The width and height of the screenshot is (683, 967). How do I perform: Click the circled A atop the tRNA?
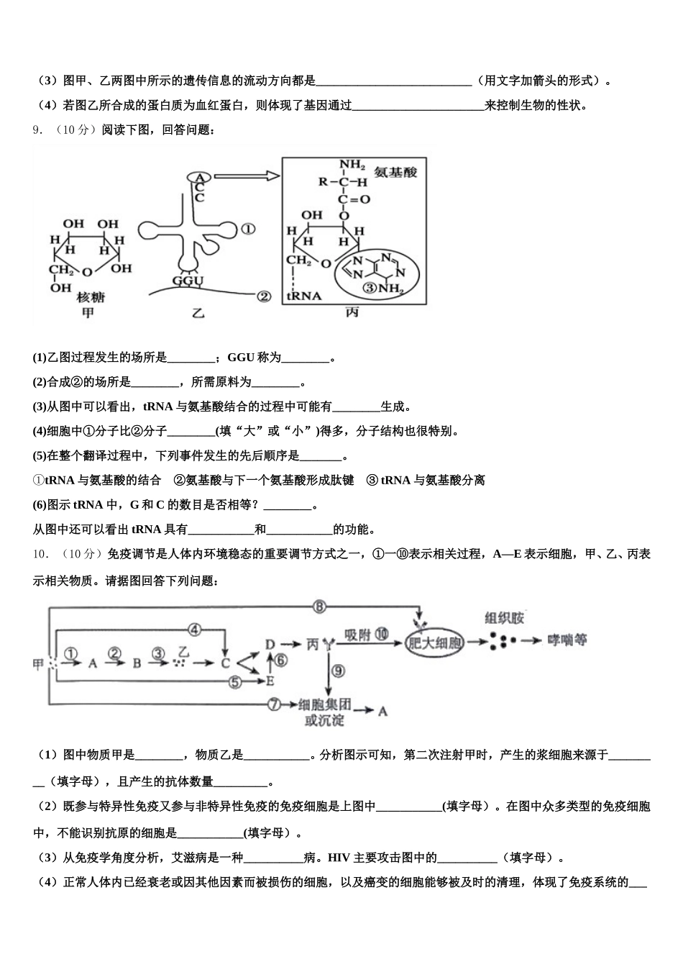tap(201, 177)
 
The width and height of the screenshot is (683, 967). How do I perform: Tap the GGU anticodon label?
tap(188, 281)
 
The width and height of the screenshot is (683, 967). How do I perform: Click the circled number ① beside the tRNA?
tap(248, 229)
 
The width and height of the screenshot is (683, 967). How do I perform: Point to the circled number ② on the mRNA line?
tap(263, 296)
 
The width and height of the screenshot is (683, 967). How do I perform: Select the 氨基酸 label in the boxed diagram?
tap(395, 173)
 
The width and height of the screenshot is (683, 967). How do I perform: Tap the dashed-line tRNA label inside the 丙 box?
tap(303, 296)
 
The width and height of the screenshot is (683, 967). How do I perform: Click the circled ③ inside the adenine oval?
tap(370, 289)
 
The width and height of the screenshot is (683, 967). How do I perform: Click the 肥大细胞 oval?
tap(434, 643)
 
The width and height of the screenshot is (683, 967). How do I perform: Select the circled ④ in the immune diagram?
tap(194, 630)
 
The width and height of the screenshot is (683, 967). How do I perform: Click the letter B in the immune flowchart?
tap(137, 663)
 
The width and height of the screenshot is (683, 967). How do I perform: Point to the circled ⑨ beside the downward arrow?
tap(337, 670)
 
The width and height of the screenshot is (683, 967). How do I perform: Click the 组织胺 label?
tap(505, 618)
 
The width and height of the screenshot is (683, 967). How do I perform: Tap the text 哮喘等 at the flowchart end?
tap(567, 639)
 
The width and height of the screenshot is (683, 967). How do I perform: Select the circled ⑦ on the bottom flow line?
tap(273, 704)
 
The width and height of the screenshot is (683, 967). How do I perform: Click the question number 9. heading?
tap(38, 130)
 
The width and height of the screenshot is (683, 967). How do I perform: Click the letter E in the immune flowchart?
tap(270, 680)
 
